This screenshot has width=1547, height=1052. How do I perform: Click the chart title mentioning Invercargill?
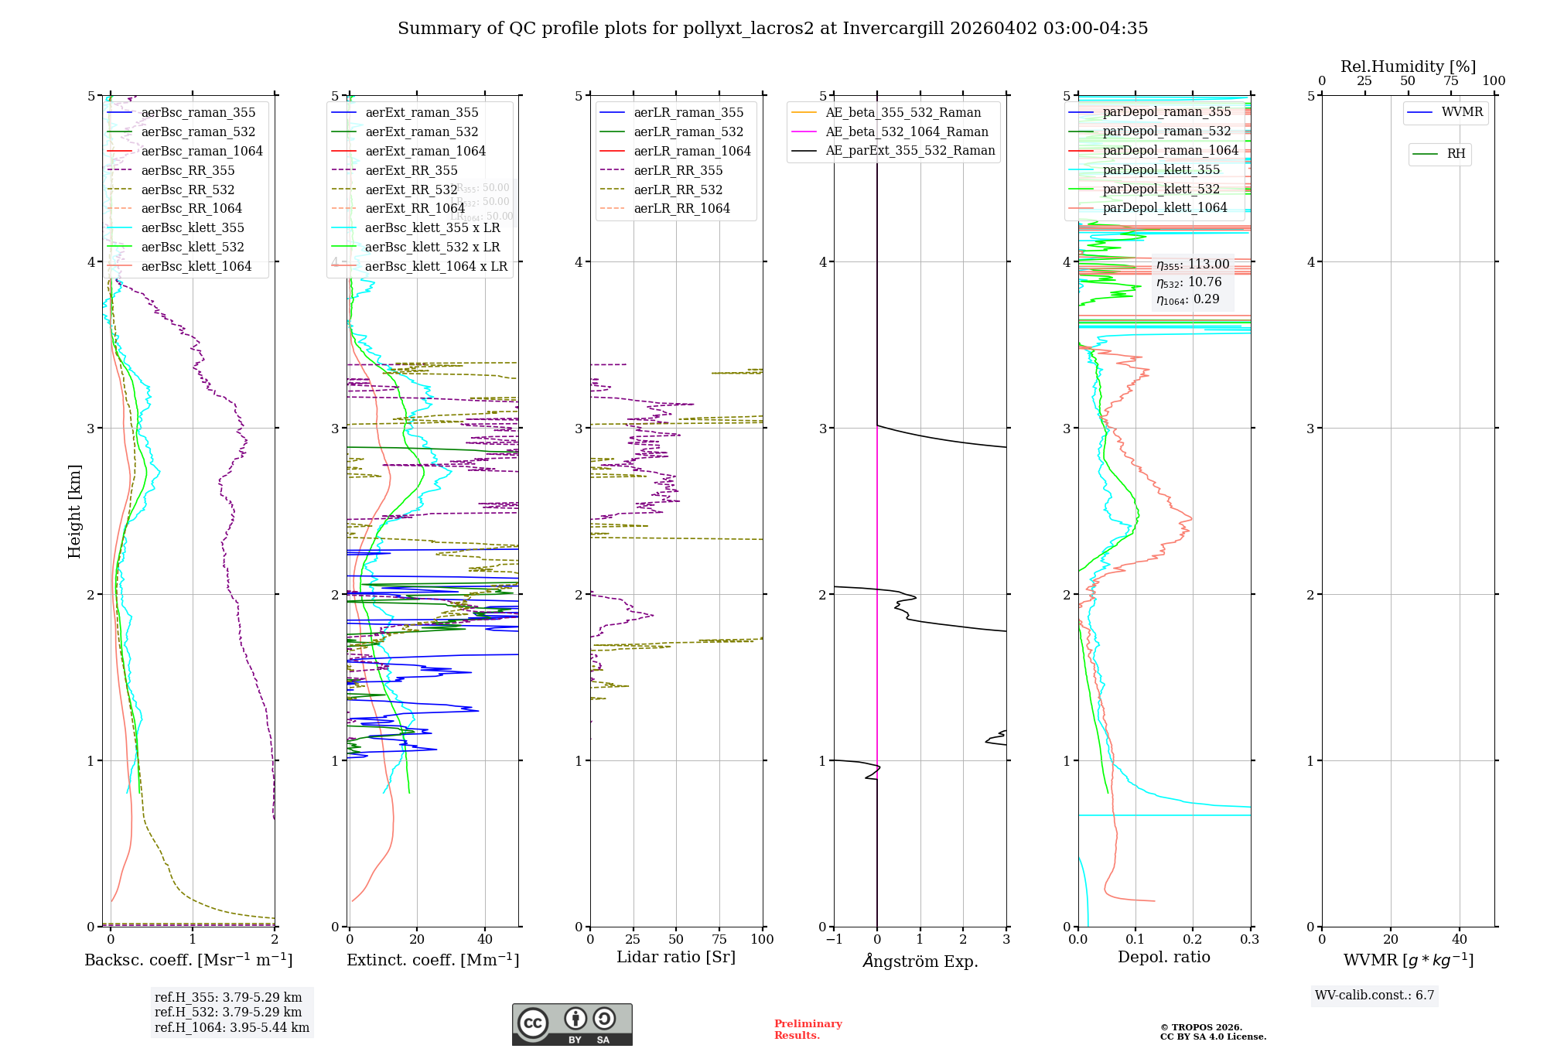[x=773, y=29]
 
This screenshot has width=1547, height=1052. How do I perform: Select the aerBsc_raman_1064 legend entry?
[x=201, y=151]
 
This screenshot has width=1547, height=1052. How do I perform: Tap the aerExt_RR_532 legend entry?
[x=411, y=190]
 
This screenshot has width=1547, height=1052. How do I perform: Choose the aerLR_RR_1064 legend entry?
[x=681, y=209]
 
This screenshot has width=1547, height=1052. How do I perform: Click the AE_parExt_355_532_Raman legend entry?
[x=910, y=151]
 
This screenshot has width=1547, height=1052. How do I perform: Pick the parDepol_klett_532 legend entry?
[x=1160, y=189]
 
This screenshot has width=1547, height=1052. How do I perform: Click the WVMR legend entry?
[x=1462, y=112]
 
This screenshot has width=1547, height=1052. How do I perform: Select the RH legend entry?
[x=1456, y=154]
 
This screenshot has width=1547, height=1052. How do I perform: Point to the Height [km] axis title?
[x=74, y=511]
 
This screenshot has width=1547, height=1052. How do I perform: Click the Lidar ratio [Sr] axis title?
[x=676, y=958]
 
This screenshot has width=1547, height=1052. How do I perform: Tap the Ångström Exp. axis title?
[x=920, y=961]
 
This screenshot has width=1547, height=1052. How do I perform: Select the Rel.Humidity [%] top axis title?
[x=1408, y=67]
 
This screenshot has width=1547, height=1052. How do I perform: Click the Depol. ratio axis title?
[x=1163, y=958]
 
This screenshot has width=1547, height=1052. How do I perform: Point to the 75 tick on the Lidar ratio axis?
[x=719, y=940]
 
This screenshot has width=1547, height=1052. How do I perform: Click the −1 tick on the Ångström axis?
[x=834, y=940]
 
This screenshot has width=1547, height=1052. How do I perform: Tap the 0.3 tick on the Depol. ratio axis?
[x=1250, y=940]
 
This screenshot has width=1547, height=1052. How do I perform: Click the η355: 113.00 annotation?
[x=1193, y=265]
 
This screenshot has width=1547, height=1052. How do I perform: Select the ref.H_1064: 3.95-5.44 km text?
[x=232, y=1028]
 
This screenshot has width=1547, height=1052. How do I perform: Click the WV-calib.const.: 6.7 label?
[x=1375, y=996]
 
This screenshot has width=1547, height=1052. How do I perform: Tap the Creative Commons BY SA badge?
[x=572, y=1025]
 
